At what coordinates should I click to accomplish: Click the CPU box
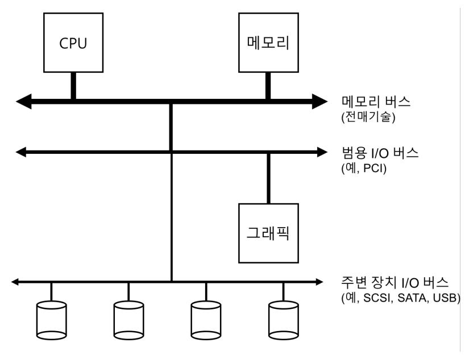pyautogui.click(x=74, y=43)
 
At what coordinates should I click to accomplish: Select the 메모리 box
pyautogui.click(x=267, y=43)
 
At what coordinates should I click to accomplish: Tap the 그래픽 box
pyautogui.click(x=267, y=232)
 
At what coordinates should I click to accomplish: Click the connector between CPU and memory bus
pyautogui.click(x=73, y=86)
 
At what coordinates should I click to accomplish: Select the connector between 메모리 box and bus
pyautogui.click(x=268, y=86)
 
